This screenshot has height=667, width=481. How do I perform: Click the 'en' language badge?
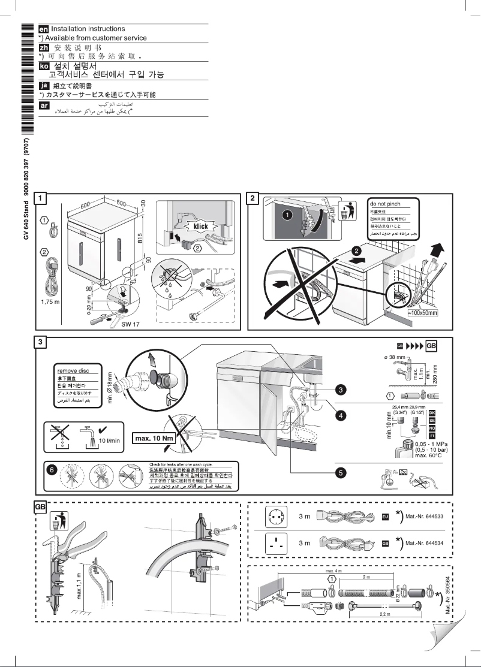point(44,29)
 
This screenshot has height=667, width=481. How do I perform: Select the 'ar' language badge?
point(44,106)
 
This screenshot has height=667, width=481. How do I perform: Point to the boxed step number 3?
point(39,342)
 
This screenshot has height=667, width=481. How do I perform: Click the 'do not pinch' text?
point(386,204)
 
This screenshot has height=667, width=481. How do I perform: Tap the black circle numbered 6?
point(52,469)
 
